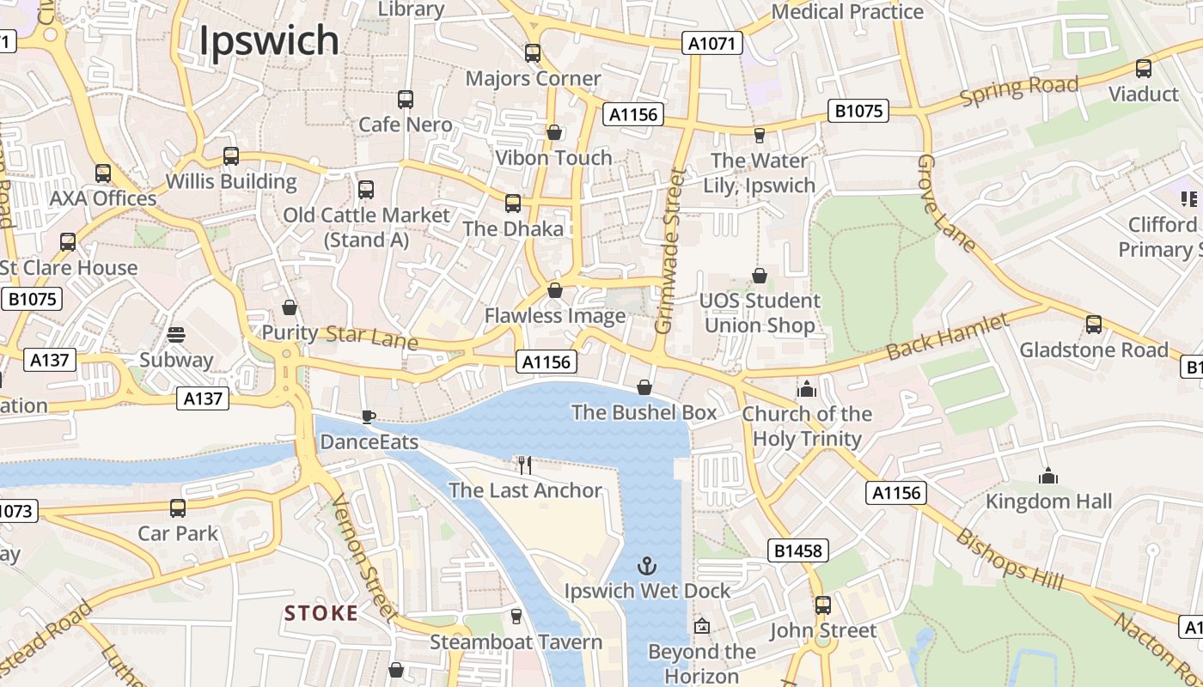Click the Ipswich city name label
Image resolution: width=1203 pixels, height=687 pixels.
(x=269, y=40)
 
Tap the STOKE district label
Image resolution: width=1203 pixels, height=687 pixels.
(x=321, y=613)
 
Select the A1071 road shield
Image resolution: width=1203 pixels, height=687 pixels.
(x=712, y=43)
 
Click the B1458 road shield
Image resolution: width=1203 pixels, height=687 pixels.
(x=797, y=550)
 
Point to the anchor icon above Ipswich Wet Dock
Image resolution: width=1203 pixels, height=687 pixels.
(x=646, y=566)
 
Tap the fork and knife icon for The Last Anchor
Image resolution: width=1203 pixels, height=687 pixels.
(x=525, y=465)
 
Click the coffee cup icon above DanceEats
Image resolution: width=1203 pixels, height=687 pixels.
(x=368, y=417)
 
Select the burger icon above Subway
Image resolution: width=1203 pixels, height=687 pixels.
(x=176, y=335)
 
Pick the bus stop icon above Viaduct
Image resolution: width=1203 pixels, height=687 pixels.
(x=1143, y=69)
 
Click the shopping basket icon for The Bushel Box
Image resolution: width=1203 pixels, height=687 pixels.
(x=644, y=388)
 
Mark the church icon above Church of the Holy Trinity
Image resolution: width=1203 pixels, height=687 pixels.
(x=806, y=389)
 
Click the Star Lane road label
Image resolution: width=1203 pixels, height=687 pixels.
(x=372, y=337)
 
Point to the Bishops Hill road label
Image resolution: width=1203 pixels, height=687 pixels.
(x=1010, y=560)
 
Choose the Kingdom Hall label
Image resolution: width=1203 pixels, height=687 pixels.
(x=1048, y=502)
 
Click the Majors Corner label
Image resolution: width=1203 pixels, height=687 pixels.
(x=533, y=79)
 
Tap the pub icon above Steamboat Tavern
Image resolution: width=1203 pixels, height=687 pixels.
(x=516, y=617)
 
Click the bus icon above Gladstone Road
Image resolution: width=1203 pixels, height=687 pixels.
(x=1093, y=325)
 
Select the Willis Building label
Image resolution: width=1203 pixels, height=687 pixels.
(x=231, y=182)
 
